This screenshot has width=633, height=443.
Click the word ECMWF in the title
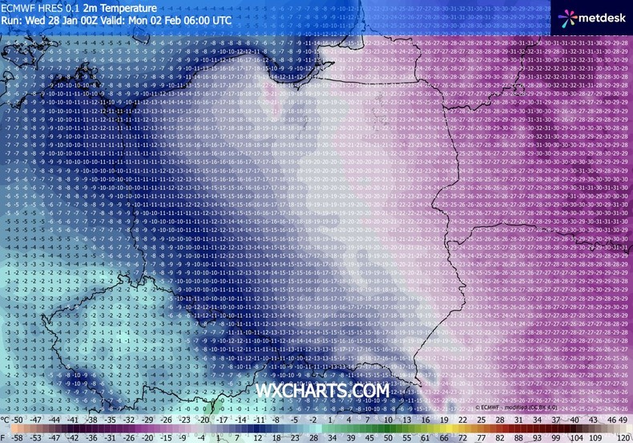click(18, 7)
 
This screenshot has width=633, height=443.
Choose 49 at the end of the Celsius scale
click(623, 420)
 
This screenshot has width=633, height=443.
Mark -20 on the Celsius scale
click(204, 420)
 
